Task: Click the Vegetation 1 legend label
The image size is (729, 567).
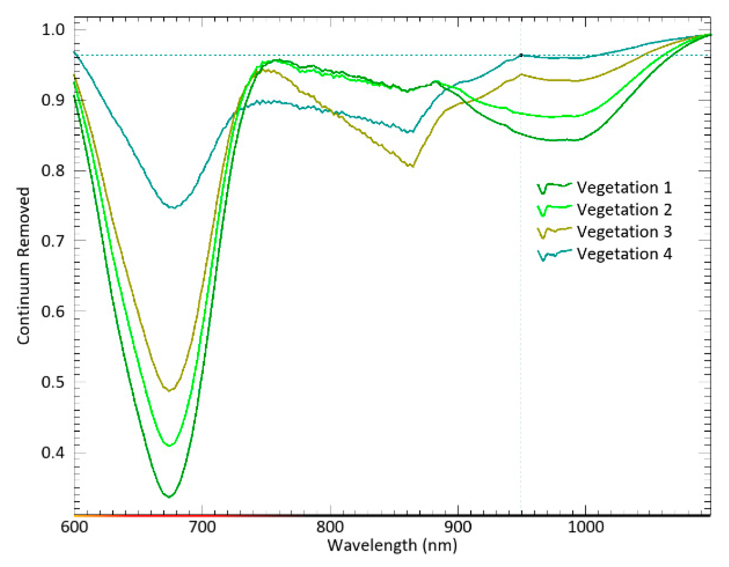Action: [624, 188]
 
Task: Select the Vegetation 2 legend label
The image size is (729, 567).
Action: [624, 210]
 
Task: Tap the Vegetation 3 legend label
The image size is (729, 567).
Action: [624, 232]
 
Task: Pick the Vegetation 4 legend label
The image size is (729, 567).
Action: [624, 254]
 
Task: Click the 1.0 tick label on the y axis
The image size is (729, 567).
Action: [53, 29]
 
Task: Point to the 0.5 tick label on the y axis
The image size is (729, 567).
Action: [53, 382]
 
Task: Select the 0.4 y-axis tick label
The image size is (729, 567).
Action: [53, 452]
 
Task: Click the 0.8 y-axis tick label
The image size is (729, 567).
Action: [53, 170]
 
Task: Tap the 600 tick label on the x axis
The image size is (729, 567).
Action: [74, 527]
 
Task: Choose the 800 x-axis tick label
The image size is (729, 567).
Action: [330, 527]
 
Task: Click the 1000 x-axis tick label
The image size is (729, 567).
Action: [585, 527]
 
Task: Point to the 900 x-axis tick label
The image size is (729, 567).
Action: [458, 527]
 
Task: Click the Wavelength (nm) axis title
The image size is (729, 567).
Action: [392, 545]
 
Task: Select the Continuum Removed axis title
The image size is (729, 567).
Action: [24, 266]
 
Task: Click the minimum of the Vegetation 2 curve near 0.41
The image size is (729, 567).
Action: [170, 446]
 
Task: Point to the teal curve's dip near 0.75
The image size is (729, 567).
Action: [174, 208]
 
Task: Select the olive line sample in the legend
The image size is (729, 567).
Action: [554, 232]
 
